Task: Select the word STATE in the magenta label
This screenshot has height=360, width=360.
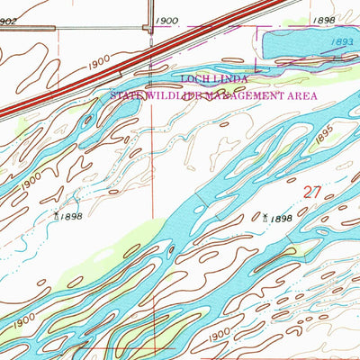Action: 125,93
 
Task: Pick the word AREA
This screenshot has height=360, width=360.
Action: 286,93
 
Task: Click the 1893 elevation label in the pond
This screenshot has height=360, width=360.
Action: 338,41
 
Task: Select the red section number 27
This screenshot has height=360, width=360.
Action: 311,191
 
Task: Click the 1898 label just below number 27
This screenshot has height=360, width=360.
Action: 281,219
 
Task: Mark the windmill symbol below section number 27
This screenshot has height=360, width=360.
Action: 265,217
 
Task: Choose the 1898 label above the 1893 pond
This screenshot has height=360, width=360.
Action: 324,19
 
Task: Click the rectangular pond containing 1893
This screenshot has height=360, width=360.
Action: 306,42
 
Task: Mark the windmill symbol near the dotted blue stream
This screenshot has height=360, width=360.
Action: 58,215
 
